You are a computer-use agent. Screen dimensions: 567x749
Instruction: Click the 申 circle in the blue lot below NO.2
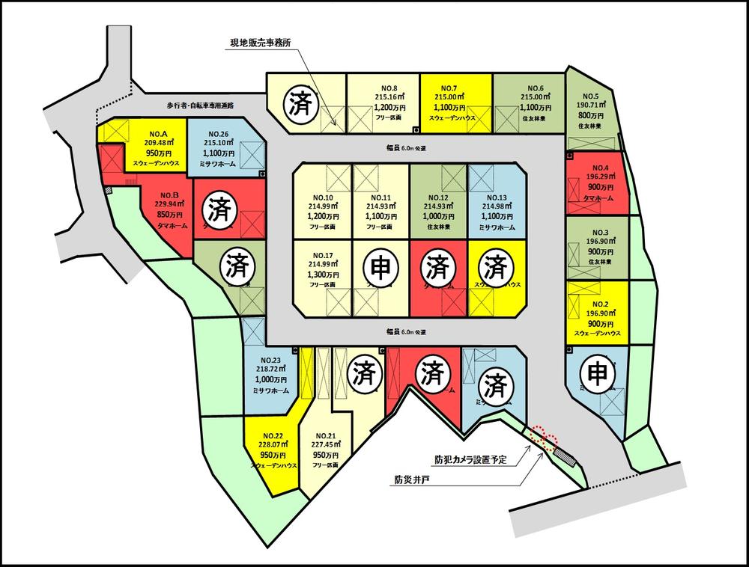click(598, 372)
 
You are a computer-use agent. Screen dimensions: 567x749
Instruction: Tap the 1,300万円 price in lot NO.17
click(324, 275)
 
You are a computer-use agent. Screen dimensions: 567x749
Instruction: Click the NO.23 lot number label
click(267, 360)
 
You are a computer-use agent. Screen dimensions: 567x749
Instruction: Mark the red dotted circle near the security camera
click(544, 438)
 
